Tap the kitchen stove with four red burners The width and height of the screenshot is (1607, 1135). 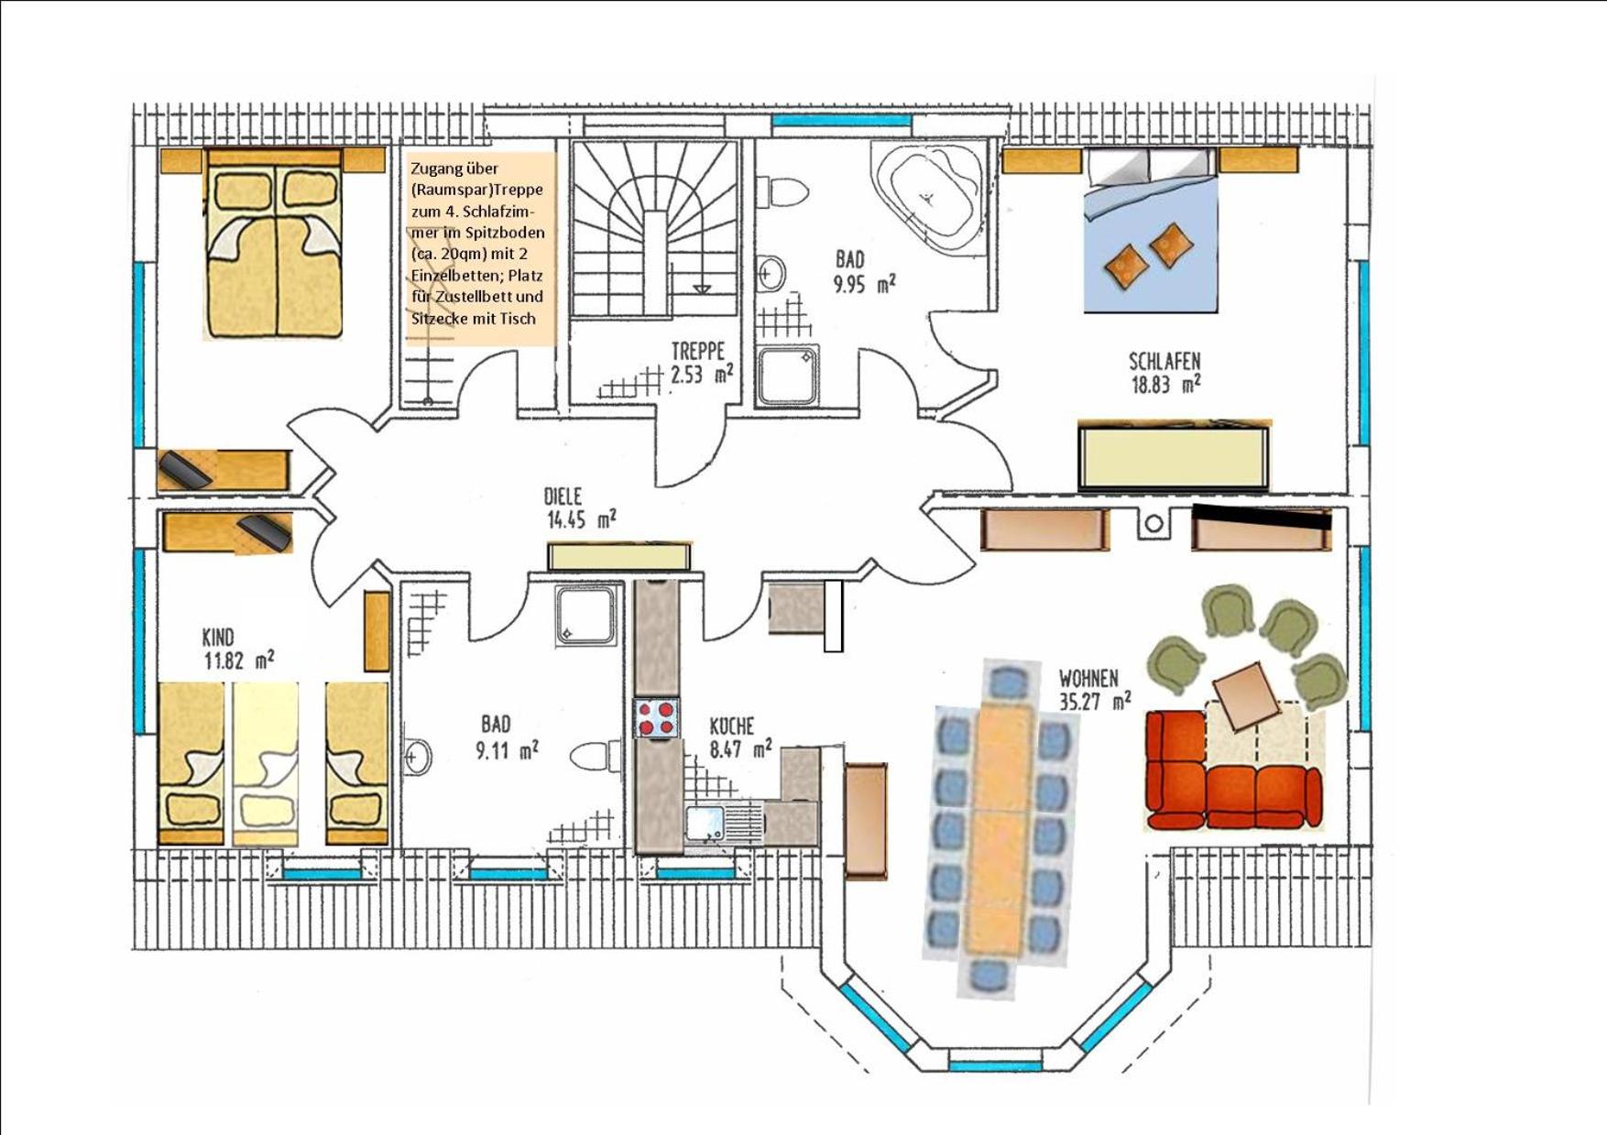657,717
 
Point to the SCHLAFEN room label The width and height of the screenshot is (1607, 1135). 1164,361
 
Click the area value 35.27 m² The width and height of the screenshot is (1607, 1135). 1095,702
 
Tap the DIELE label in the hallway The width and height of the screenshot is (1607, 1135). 563,497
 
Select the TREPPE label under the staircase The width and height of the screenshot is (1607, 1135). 697,351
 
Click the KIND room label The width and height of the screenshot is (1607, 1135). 218,637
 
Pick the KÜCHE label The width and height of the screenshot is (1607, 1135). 732,726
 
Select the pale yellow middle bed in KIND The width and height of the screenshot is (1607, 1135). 266,763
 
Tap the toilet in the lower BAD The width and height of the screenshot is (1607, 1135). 596,757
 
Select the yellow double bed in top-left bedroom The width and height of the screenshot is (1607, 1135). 274,244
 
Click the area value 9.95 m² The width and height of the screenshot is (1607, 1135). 864,284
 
